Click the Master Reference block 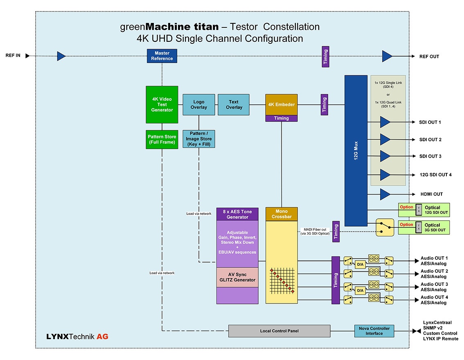[x=162, y=56]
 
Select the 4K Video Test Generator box [x=162, y=104]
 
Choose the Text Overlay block [x=233, y=104]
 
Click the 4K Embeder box [x=282, y=104]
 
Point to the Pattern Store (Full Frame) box [x=162, y=139]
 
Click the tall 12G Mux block [x=356, y=150]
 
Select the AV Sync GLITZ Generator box [x=237, y=277]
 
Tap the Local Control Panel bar [x=279, y=331]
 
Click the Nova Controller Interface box [x=374, y=331]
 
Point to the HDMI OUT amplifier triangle [x=385, y=194]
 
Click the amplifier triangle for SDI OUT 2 [x=385, y=139]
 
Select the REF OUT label [x=429, y=57]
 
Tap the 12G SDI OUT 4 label [x=436, y=175]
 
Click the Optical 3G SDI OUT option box [x=424, y=228]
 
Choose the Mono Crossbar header [x=282, y=214]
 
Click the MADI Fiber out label [x=315, y=231]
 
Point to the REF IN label [x=13, y=56]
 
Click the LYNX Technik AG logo [x=77, y=337]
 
